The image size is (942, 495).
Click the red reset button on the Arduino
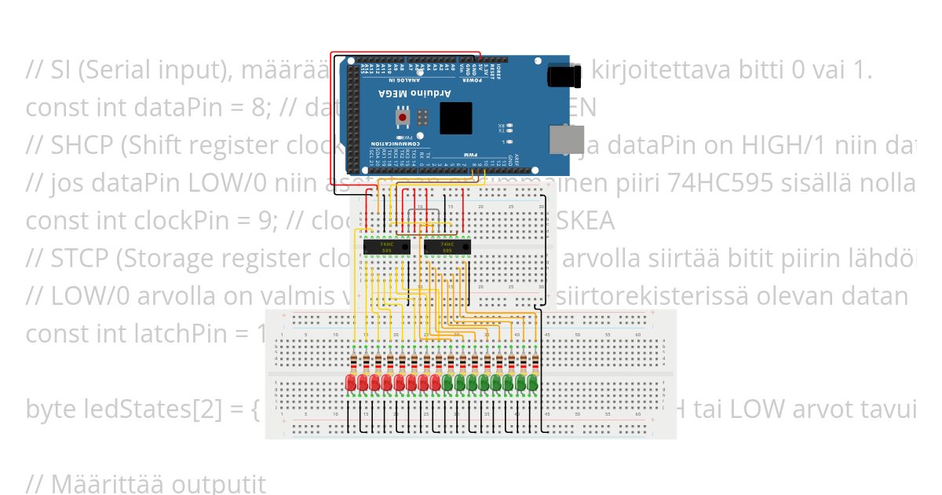tap(403, 118)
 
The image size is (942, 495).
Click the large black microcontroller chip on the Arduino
tap(455, 118)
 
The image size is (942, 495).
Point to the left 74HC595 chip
tap(386, 247)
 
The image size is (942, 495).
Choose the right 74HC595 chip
tap(447, 247)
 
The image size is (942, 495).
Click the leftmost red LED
tap(351, 383)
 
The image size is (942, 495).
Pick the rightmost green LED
tap(532, 383)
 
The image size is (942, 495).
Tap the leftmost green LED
tap(447, 383)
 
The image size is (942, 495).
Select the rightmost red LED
tap(436, 383)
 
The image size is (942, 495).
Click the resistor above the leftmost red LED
tap(351, 363)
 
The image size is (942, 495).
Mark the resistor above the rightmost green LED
tap(532, 363)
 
